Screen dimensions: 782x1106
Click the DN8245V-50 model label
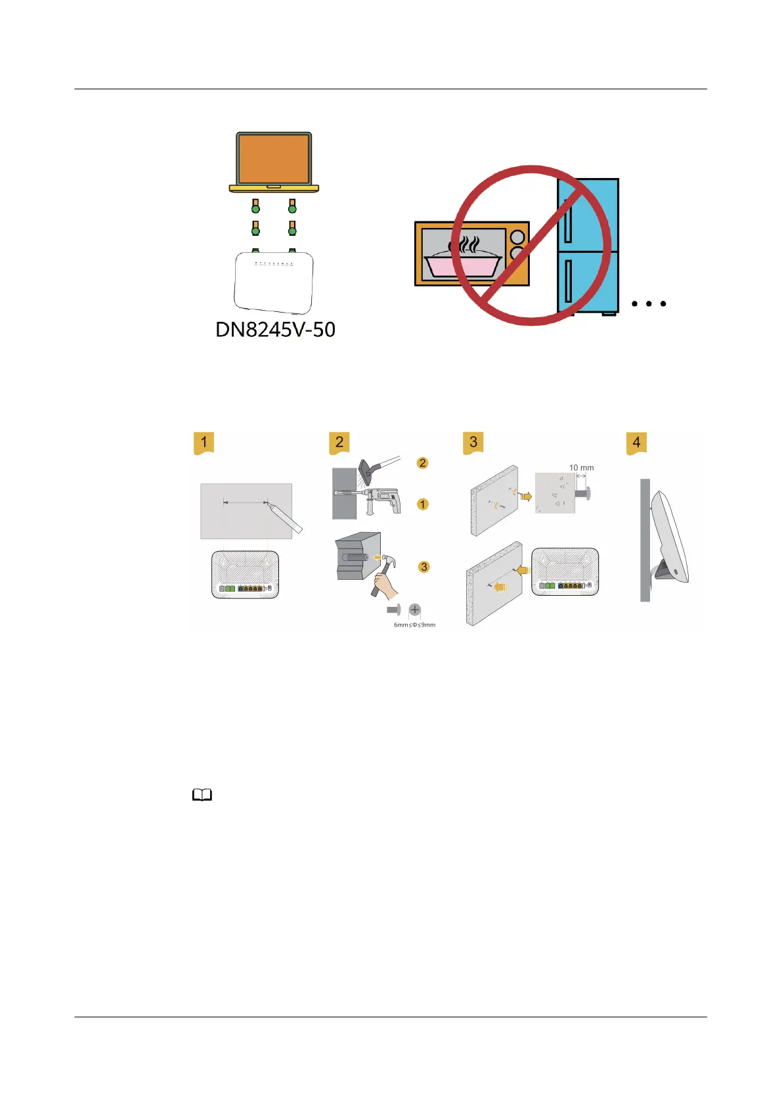(x=275, y=329)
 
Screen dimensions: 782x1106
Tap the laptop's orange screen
(x=274, y=159)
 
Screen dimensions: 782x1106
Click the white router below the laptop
(x=274, y=282)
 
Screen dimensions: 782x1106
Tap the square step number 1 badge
(x=204, y=443)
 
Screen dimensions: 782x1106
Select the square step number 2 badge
(x=339, y=443)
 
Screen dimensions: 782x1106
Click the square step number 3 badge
(x=473, y=443)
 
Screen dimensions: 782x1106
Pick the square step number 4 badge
(x=636, y=443)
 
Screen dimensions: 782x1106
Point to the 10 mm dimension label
(x=581, y=468)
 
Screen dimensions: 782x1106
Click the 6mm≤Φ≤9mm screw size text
(x=414, y=625)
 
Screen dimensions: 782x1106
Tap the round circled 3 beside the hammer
(x=424, y=567)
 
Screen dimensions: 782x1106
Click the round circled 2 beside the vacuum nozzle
(x=423, y=463)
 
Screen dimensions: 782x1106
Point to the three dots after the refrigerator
(x=649, y=303)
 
